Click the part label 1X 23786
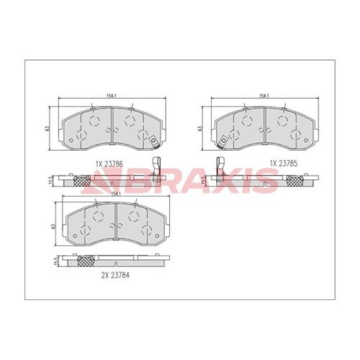coord(109,164)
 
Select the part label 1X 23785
coord(284,163)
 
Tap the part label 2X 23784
coord(115,275)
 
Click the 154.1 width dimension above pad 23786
coord(112,96)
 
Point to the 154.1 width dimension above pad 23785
coord(264,96)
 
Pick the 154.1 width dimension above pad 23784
coord(115,194)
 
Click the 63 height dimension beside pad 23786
coord(47,128)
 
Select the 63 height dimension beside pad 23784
coord(53,226)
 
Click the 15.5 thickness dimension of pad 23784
coord(55,261)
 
